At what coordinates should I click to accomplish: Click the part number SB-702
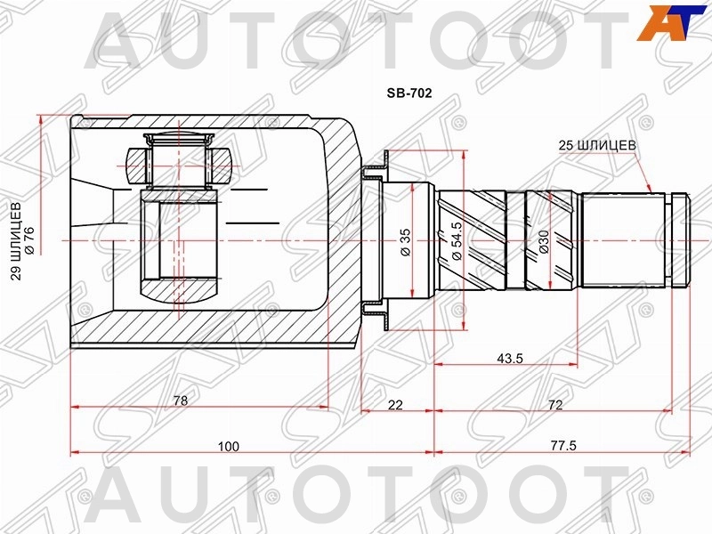[409, 93]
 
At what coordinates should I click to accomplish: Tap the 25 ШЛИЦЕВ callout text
[597, 145]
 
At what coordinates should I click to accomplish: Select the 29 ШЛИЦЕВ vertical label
[17, 241]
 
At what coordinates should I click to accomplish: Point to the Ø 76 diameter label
[29, 241]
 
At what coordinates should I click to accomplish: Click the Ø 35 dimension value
[405, 241]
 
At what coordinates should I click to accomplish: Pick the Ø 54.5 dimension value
[457, 241]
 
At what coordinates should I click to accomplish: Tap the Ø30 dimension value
[544, 241]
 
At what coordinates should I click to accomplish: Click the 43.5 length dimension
[510, 359]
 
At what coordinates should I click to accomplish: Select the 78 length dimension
[181, 400]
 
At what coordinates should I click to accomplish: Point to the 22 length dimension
[395, 405]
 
